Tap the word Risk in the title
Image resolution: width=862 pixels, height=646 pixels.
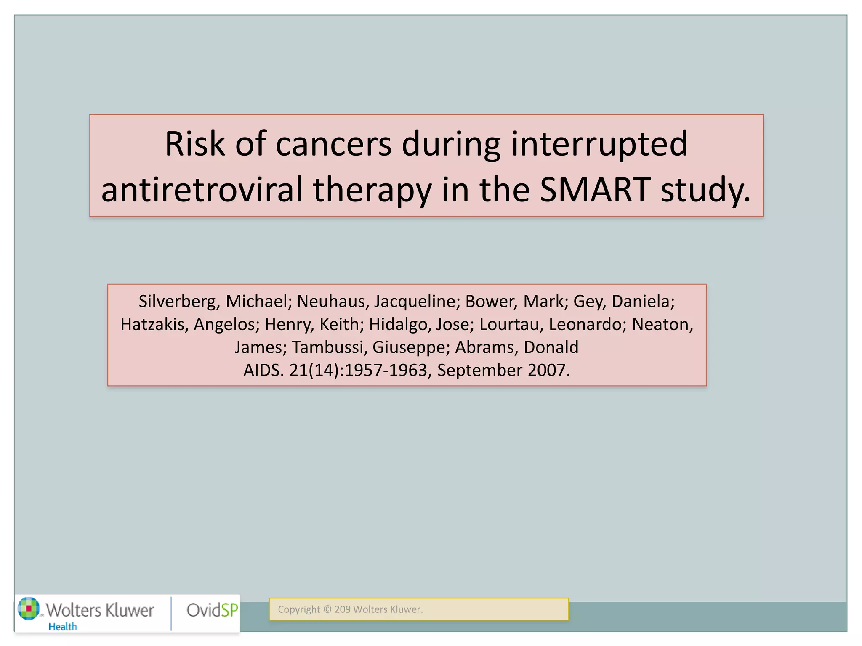tap(194, 144)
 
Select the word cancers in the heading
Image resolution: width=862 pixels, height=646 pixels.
tap(333, 144)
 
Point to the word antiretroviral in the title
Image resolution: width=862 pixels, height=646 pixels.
tap(202, 190)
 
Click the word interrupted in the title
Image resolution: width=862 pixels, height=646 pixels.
tap(599, 144)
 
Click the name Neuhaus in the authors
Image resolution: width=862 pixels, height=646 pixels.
tap(331, 302)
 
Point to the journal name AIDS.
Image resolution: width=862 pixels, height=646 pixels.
tap(263, 371)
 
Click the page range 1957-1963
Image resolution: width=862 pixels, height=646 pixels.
tap(386, 371)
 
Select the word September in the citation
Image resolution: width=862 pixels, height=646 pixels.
tap(479, 371)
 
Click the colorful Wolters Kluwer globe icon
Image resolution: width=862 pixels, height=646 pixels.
tap(29, 609)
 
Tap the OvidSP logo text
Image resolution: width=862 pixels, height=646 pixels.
tap(212, 610)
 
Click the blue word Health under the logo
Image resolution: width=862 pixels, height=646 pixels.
tap(63, 627)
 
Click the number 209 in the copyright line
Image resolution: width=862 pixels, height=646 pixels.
tap(342, 609)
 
